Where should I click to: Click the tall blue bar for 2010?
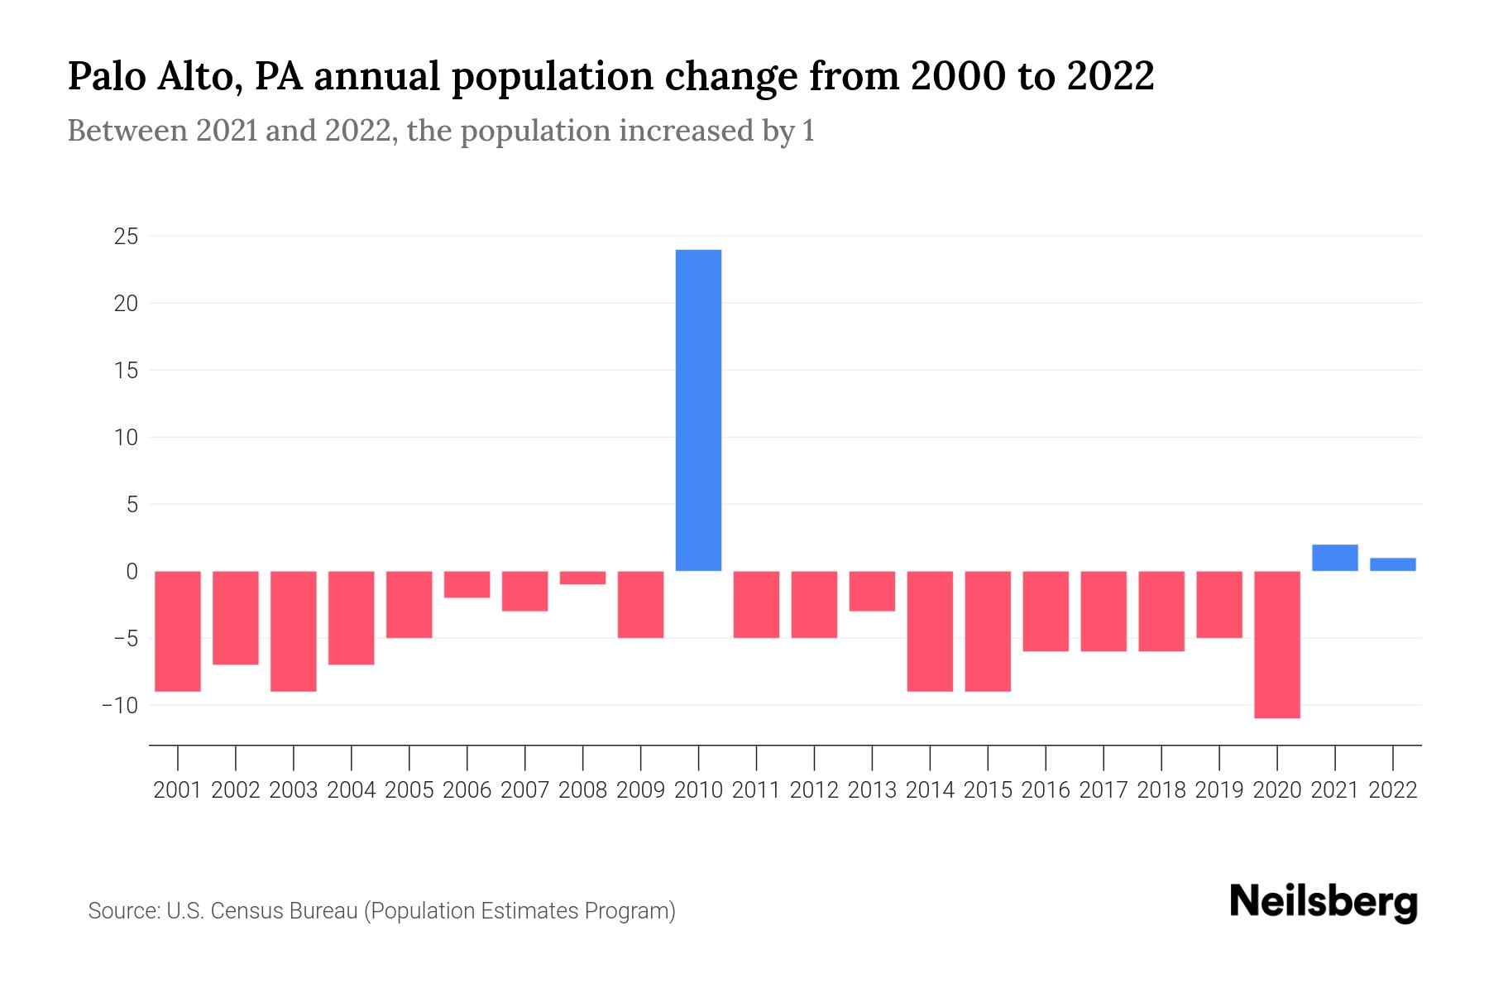(698, 410)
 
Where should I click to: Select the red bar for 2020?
(1277, 644)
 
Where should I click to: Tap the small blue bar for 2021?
(1335, 558)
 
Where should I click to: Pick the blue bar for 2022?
(1393, 564)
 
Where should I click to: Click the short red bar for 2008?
(583, 578)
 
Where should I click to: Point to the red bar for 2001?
(178, 631)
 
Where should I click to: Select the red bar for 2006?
(467, 584)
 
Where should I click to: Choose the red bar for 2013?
(872, 591)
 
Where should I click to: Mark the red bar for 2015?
(988, 631)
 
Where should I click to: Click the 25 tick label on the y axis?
(126, 237)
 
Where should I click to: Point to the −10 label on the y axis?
(120, 705)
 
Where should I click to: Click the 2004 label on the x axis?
(352, 790)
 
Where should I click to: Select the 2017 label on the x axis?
(1104, 790)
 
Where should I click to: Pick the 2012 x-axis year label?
(814, 790)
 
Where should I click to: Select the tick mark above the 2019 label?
(1219, 756)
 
